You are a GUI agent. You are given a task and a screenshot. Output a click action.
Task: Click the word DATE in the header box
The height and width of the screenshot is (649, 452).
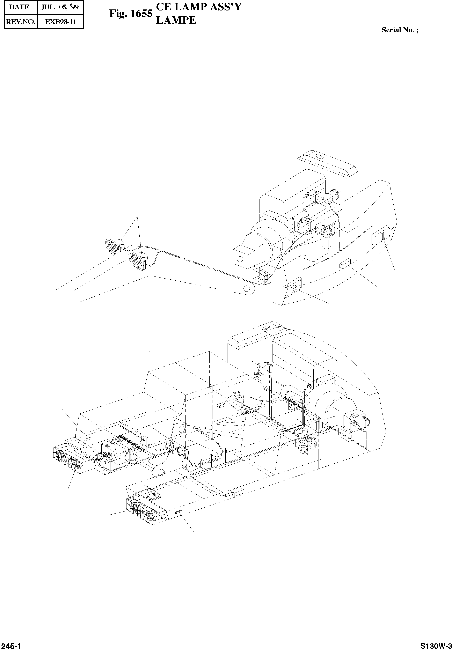click(19, 7)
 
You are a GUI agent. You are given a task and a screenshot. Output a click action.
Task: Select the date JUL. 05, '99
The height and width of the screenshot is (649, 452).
click(59, 7)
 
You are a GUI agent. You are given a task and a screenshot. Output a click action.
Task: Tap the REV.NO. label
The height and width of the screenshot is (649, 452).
click(20, 21)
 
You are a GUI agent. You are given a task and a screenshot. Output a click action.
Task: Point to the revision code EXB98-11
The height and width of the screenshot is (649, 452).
click(61, 21)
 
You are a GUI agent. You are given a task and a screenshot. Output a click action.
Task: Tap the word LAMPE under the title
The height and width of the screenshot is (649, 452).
click(176, 20)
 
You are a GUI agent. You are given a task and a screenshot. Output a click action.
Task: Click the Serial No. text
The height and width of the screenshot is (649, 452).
click(400, 30)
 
